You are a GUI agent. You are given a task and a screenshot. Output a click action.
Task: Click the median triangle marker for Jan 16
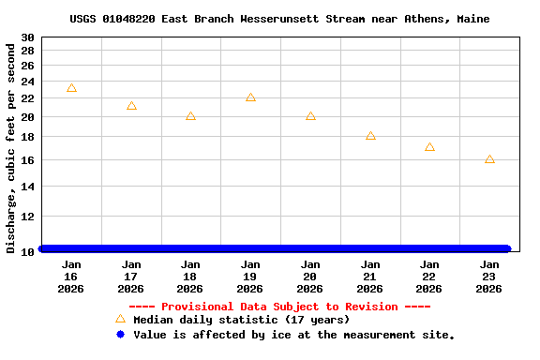point(71,88)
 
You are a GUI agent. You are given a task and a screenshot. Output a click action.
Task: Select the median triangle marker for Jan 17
point(131,106)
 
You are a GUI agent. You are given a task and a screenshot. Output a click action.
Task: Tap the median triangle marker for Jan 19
point(250,97)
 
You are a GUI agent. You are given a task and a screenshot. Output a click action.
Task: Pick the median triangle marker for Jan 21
point(370,136)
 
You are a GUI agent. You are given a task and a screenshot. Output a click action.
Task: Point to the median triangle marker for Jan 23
point(489,159)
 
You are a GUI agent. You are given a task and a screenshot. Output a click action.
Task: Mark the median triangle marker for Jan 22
point(429,147)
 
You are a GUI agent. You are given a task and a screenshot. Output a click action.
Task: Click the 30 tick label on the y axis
point(27,37)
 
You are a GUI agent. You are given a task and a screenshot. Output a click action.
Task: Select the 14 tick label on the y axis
point(27,187)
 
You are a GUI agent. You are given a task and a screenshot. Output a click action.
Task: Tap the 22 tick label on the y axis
point(27,98)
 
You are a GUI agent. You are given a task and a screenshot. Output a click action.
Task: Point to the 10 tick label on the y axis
point(27,251)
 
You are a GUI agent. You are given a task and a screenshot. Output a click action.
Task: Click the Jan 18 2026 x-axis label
point(190,277)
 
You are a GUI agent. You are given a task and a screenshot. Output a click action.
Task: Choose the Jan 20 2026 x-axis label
point(310,277)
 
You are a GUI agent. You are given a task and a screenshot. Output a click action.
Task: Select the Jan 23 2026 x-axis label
point(489,277)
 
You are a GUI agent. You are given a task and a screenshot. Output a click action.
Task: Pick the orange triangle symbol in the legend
point(120,319)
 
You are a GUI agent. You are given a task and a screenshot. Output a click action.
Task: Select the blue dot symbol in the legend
point(120,334)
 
